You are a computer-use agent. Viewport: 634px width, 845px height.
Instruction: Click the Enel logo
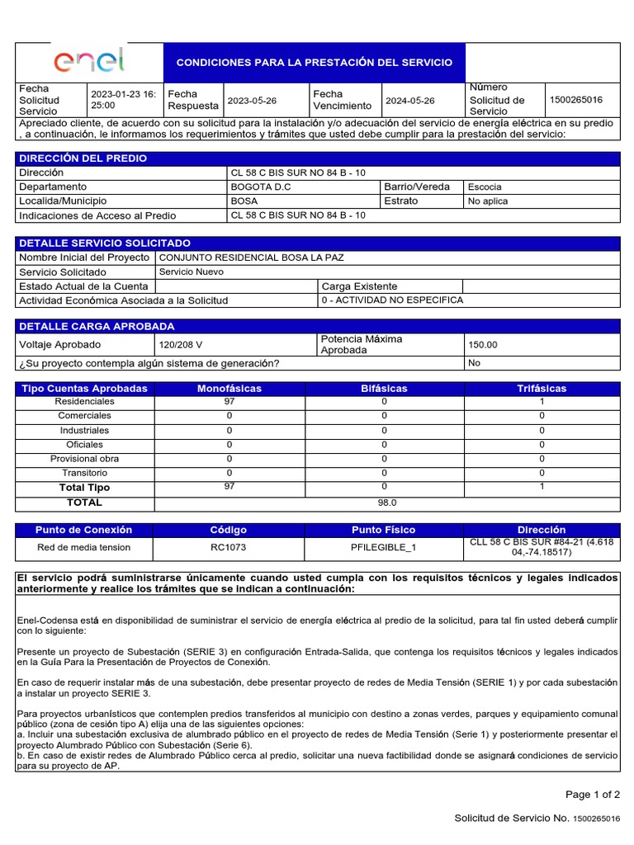click(89, 61)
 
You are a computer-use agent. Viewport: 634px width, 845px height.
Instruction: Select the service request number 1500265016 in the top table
click(575, 100)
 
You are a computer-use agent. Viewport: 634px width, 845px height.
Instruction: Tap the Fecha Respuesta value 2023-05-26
click(252, 101)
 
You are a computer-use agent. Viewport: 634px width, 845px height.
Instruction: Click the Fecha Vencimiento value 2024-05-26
click(409, 101)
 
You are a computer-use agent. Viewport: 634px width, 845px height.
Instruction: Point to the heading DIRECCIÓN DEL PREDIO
click(83, 158)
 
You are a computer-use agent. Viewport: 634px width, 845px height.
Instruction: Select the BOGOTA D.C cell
click(261, 186)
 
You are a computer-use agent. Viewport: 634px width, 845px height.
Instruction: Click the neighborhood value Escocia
click(485, 187)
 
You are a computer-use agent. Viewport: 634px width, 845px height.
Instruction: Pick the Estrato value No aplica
click(488, 201)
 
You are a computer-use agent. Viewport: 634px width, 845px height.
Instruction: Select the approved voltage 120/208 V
click(180, 345)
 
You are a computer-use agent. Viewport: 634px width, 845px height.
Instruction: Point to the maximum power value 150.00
click(483, 345)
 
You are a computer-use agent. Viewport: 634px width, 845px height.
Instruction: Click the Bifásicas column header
click(384, 388)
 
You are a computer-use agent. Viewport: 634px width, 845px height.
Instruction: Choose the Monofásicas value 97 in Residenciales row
click(229, 401)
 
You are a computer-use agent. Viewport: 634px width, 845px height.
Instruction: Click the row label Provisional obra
click(84, 459)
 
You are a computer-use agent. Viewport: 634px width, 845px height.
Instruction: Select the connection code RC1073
click(229, 547)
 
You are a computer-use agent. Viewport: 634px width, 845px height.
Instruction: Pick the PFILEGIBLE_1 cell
click(384, 547)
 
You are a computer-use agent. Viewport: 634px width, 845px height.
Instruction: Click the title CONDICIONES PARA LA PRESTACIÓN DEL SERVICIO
click(315, 63)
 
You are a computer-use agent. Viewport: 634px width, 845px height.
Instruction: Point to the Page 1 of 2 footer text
click(592, 795)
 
